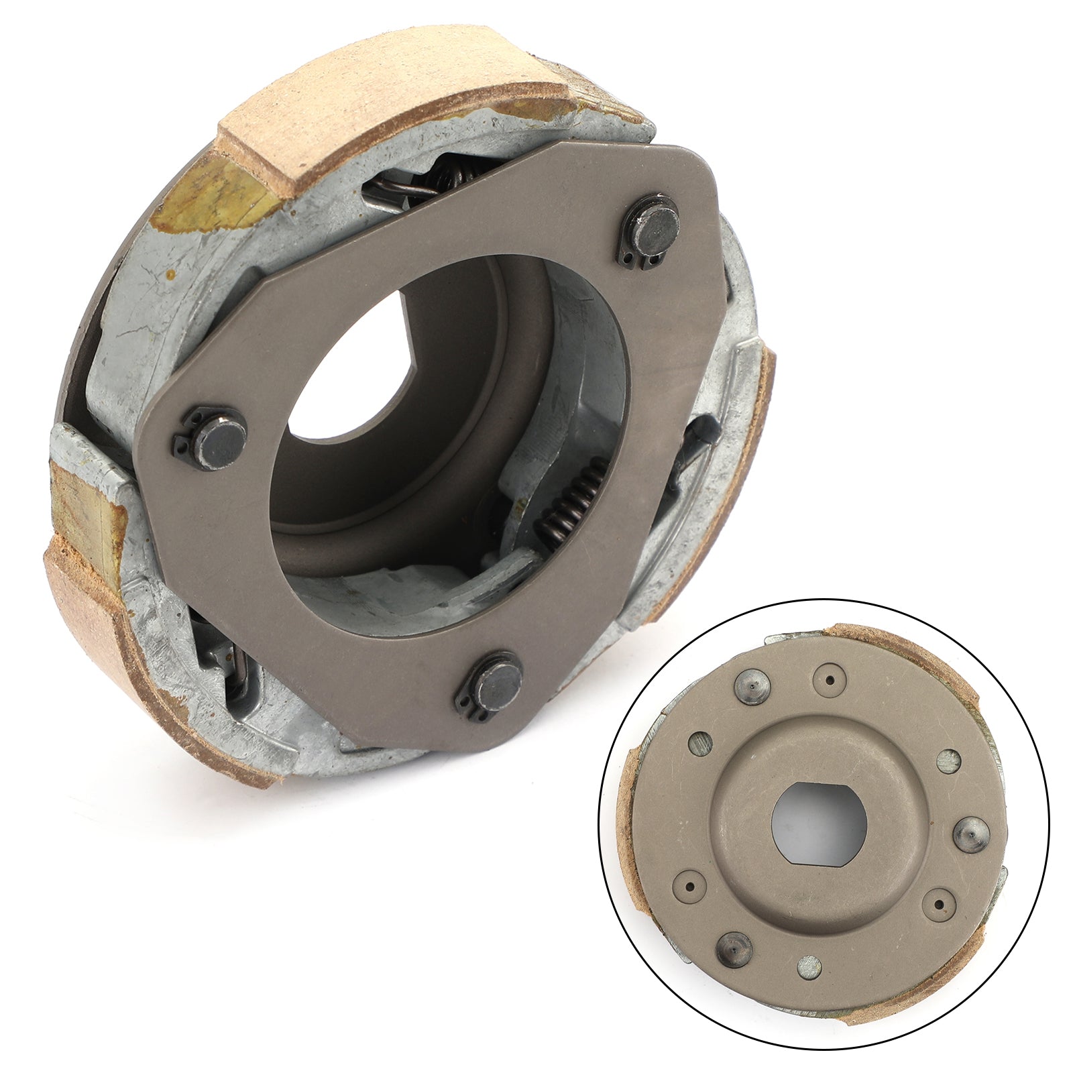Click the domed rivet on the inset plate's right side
(x=968, y=832)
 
